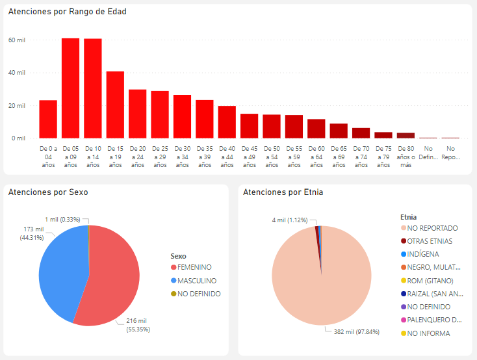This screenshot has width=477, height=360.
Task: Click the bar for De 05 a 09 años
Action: [x=71, y=88]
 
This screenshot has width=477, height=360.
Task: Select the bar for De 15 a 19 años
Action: [x=115, y=105]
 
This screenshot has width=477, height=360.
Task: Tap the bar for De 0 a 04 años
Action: [x=48, y=119]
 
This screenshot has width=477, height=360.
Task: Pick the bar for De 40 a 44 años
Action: [x=227, y=122]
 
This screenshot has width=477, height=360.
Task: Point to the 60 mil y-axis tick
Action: [x=16, y=40]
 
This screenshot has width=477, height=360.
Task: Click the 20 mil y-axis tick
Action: [x=16, y=105]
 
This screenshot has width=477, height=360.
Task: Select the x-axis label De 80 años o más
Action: [x=406, y=157]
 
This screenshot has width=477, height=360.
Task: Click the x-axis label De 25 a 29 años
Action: [x=160, y=157]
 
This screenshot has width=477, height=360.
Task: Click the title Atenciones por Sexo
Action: [x=48, y=192]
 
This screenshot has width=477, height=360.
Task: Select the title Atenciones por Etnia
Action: [x=283, y=192]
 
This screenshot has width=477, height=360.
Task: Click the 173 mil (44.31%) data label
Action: [x=32, y=233]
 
